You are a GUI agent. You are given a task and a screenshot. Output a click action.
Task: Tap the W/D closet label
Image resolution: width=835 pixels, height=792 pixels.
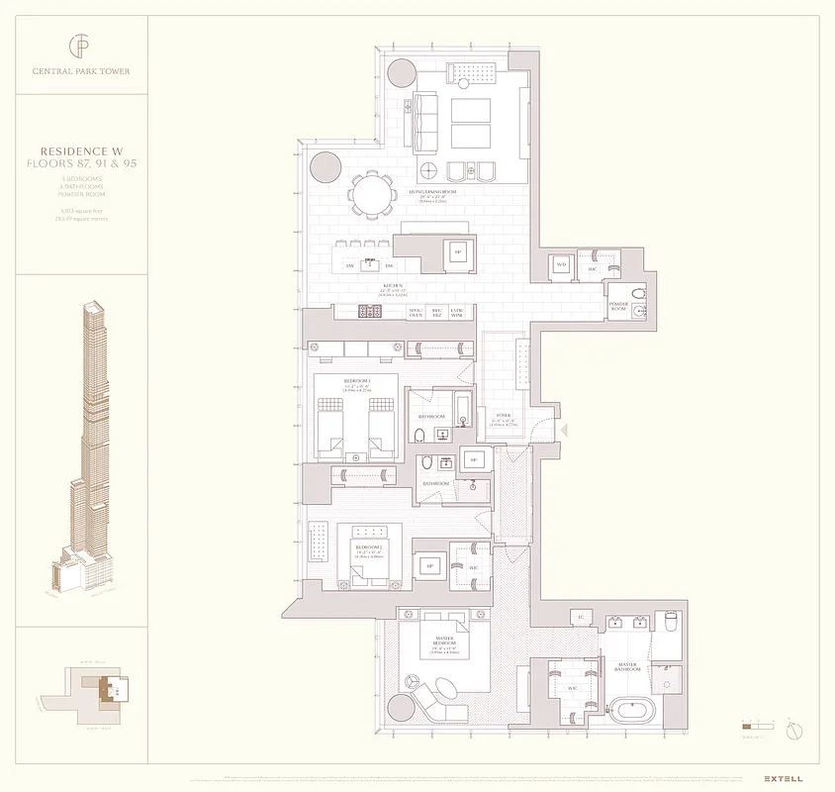point(561,265)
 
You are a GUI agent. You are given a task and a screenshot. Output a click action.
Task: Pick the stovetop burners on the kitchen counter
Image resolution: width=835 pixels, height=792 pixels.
point(368,311)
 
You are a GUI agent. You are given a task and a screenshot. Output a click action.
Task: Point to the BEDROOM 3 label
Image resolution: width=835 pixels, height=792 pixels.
point(356,381)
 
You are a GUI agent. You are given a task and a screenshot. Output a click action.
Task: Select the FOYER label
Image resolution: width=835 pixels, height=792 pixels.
point(501,416)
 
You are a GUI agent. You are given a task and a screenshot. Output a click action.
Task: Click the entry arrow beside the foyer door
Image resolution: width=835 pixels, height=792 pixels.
point(564,431)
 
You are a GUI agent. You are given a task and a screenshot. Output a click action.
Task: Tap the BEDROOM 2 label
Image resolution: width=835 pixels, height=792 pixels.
point(370,546)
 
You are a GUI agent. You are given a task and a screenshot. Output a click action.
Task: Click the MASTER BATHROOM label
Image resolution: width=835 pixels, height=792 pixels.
point(627,666)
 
